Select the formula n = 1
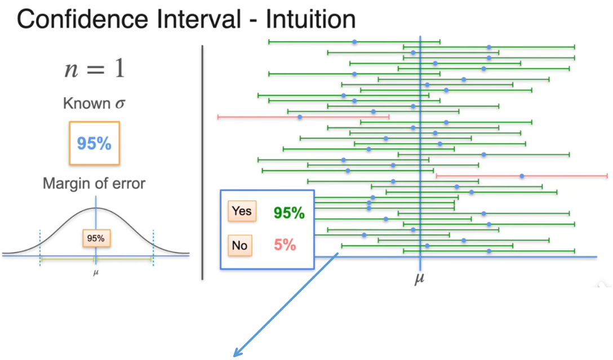tap(94, 70)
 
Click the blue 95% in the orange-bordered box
tap(94, 144)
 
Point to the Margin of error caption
tap(94, 184)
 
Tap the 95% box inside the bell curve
tap(96, 238)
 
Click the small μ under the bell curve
tap(95, 275)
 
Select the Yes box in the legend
tap(242, 212)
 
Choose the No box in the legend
tap(240, 245)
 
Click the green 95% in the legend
tap(289, 213)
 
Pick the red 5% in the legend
tap(285, 245)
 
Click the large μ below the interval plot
tap(419, 278)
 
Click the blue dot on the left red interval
tap(300, 117)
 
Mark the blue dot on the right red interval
tap(522, 176)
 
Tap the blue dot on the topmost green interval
tap(354, 42)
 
